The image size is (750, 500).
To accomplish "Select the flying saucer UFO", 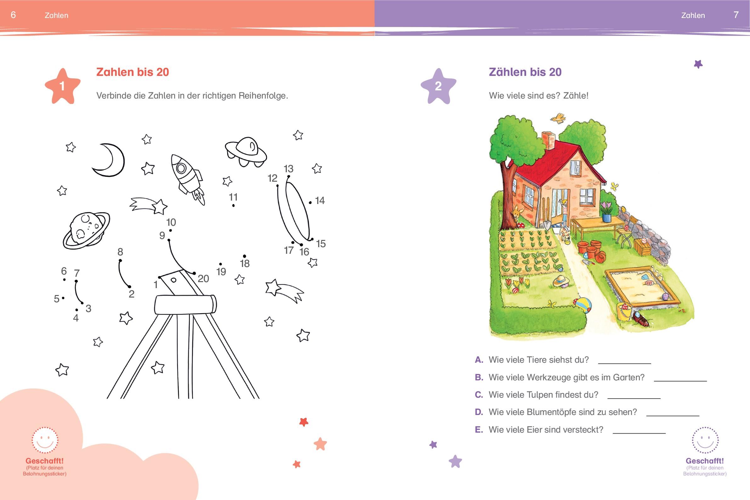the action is (x=246, y=152).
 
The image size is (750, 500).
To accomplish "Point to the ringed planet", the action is (x=86, y=230).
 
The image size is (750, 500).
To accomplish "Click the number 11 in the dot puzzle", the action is (x=233, y=197).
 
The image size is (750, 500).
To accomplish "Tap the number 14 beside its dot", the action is (x=320, y=200).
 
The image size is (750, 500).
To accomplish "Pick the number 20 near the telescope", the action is (x=203, y=279).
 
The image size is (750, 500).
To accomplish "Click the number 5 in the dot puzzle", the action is (x=56, y=299).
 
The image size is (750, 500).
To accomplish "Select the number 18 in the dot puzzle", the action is (x=245, y=264).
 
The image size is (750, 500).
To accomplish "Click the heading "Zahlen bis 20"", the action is (x=133, y=72).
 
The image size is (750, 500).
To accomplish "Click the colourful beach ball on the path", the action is (x=583, y=305).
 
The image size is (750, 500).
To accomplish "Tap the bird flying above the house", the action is (x=558, y=118).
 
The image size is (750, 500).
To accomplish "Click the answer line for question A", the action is (x=624, y=363).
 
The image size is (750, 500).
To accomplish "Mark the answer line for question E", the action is (x=639, y=433).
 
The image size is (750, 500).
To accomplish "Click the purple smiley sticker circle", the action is (x=705, y=440).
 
